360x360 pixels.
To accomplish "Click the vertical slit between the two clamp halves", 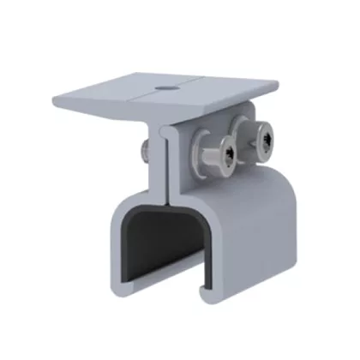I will coord(165,163).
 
